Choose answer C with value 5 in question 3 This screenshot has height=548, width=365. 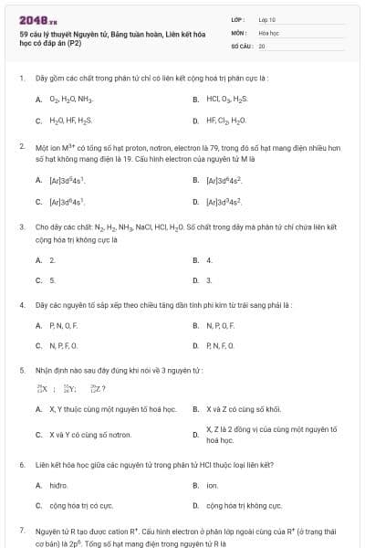click(x=52, y=280)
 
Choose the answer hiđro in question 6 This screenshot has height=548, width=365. click(x=58, y=485)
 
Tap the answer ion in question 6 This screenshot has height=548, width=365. click(x=212, y=485)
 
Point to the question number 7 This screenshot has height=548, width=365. click(x=21, y=531)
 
